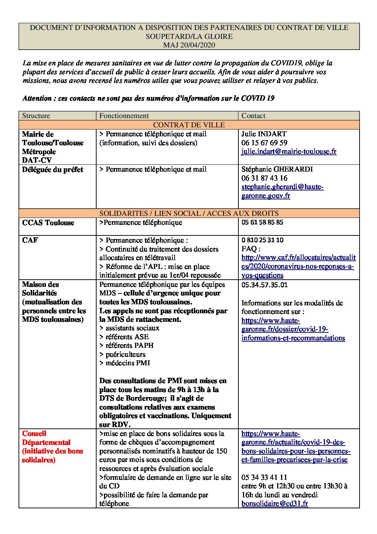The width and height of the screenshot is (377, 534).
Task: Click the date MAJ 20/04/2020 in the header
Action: click(x=189, y=45)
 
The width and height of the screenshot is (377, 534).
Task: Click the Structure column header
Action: click(x=36, y=116)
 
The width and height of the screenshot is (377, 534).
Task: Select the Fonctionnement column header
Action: click(x=124, y=116)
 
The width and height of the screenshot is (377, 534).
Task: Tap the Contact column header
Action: click(x=253, y=116)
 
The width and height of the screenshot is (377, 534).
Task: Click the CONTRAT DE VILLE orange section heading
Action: click(x=189, y=125)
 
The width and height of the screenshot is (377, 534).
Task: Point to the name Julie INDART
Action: click(x=264, y=134)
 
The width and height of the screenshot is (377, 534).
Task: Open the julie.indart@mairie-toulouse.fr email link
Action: click(x=289, y=152)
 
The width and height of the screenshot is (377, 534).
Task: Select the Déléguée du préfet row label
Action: click(x=52, y=169)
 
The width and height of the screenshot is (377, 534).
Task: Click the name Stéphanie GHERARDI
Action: click(x=277, y=169)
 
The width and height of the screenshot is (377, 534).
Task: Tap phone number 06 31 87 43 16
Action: click(x=264, y=178)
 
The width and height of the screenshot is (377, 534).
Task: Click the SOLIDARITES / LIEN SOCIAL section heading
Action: click(x=189, y=213)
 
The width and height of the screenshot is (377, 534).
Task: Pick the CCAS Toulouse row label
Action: click(x=48, y=223)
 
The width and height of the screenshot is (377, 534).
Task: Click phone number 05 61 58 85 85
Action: click(x=262, y=222)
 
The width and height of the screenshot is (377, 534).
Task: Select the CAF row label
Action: click(x=30, y=240)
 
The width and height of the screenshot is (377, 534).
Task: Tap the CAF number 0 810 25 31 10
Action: click(x=262, y=240)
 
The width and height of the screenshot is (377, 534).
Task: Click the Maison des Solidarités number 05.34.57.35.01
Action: click(x=264, y=285)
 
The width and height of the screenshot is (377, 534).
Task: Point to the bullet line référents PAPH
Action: click(x=124, y=345)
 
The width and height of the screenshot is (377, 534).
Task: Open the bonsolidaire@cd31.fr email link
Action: click(x=274, y=504)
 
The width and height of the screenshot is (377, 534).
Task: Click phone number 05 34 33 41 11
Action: click(x=264, y=477)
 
